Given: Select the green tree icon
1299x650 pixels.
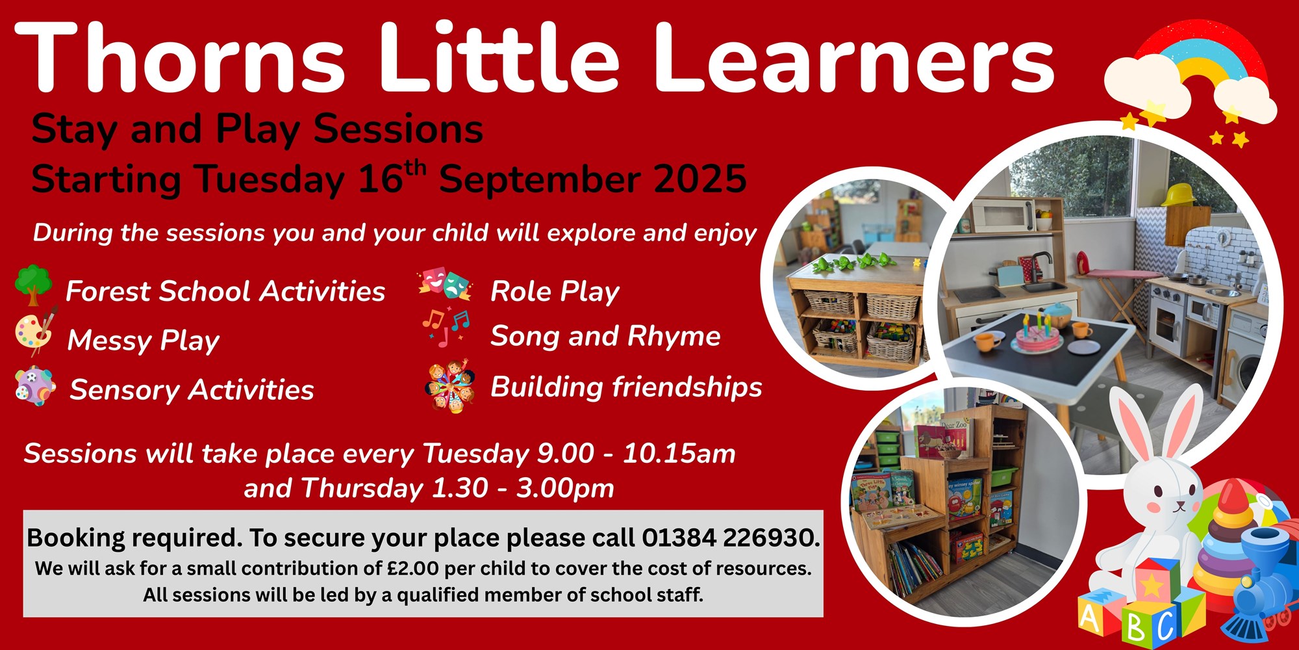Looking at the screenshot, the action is click(33, 285).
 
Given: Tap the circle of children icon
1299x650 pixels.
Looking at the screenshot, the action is click(450, 387).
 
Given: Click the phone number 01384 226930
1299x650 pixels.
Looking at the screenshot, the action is click(730, 538).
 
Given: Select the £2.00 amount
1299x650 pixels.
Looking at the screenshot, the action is click(413, 569).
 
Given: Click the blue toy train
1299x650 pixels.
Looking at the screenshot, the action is click(1257, 585).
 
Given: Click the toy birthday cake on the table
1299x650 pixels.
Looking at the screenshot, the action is click(1038, 333).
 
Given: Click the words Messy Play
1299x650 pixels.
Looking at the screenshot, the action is click(144, 341).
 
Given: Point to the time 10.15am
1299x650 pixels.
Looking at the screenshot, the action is click(679, 454).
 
